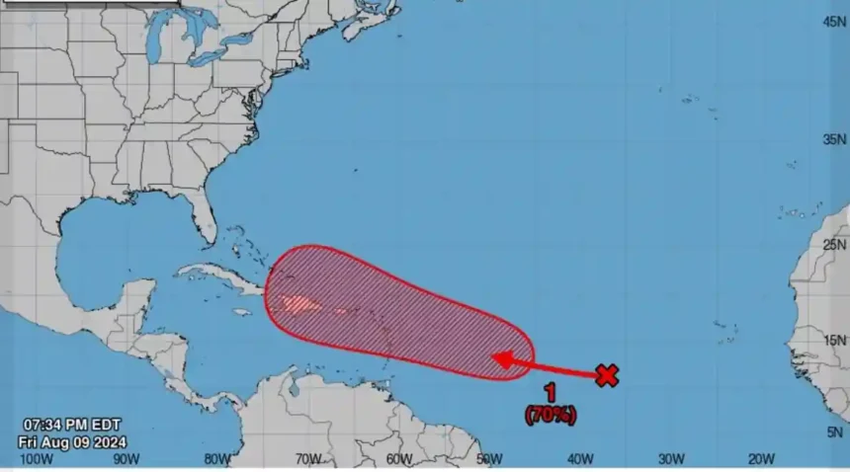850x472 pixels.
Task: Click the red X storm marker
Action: click(607, 374)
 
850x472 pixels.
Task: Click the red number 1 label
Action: click(550, 395)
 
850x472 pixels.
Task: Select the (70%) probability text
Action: click(550, 416)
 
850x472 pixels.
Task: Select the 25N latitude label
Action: click(835, 244)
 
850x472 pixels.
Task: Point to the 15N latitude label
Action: click(835, 341)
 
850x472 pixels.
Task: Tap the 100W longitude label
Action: click(36, 458)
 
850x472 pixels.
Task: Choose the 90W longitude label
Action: click(126, 458)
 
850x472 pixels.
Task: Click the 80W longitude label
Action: click(216, 458)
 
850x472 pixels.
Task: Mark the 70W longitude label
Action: click(307, 458)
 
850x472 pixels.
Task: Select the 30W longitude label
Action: click(671, 458)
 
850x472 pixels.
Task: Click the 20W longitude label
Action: click(761, 458)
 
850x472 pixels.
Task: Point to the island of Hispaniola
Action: click(297, 303)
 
